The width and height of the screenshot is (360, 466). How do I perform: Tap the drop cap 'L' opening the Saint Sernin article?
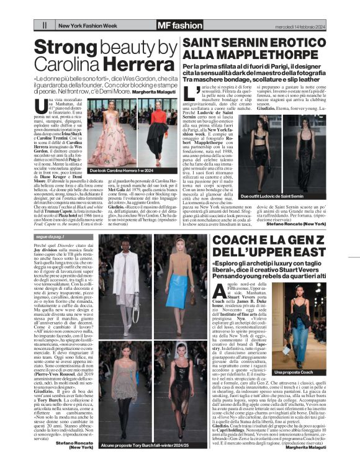(x=190, y=94)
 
